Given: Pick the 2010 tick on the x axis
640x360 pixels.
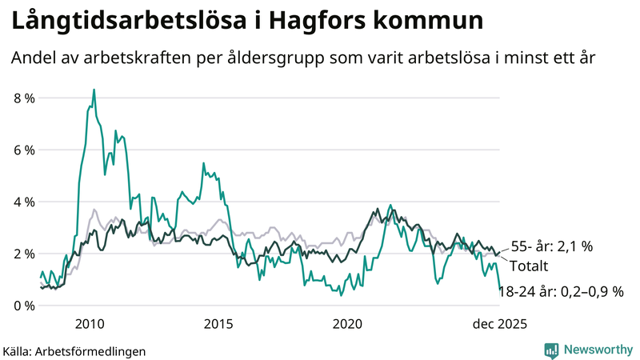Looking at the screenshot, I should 90,323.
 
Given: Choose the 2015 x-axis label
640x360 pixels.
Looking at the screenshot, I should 218,323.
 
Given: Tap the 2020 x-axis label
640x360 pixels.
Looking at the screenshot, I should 347,323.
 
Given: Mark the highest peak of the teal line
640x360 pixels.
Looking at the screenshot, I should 94,90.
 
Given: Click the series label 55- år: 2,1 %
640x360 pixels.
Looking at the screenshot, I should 552,247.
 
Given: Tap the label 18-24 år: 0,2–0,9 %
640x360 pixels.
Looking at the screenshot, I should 561,292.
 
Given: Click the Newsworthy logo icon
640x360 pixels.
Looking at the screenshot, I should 551,350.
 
